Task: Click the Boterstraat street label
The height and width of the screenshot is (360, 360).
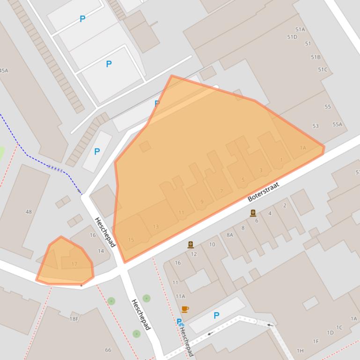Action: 263,192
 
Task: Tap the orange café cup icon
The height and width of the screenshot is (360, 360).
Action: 185,309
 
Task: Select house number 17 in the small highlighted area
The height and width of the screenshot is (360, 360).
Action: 74,264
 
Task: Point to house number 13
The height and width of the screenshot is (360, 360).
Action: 155,227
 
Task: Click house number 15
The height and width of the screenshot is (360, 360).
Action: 131,240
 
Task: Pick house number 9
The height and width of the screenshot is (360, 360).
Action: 202,202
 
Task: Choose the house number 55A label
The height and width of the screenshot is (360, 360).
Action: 337,125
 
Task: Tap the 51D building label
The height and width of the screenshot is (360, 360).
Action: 292,37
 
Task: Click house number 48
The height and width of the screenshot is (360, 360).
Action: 29,212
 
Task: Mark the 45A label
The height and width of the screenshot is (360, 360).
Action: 4,71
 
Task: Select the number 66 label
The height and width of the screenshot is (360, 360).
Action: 108,350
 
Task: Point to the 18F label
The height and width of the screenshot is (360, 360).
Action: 74,319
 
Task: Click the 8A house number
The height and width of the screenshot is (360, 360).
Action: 229,235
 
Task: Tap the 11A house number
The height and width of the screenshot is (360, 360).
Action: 180,296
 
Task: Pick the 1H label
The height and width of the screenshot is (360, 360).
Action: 300,351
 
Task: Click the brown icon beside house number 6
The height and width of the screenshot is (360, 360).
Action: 253,213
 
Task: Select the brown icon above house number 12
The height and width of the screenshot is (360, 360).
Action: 191,245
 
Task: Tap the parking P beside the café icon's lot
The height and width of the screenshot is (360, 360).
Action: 216,316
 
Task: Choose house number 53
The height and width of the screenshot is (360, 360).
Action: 315,126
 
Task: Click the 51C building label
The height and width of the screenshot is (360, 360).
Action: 323,70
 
